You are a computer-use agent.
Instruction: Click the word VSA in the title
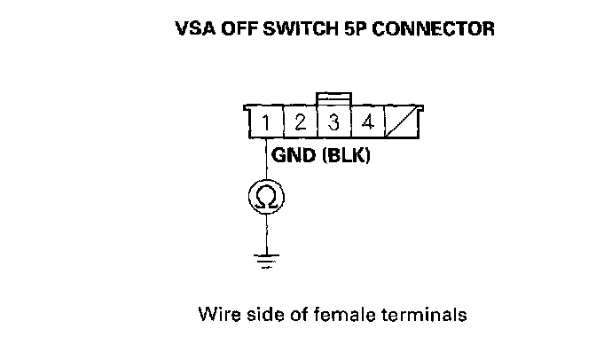[x=195, y=28]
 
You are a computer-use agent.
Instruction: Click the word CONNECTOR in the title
[x=434, y=28]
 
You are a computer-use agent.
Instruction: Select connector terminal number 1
[x=266, y=122]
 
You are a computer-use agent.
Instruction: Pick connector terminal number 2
[x=301, y=122]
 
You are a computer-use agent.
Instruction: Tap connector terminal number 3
[x=333, y=122]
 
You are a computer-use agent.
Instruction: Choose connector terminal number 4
[x=367, y=122]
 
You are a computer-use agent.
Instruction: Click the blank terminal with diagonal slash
[x=402, y=122]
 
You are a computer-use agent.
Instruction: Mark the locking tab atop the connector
[x=333, y=98]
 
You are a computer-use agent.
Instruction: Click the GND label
[x=294, y=155]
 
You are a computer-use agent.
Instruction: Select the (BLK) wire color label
[x=346, y=155]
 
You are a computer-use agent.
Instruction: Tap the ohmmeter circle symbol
[x=266, y=197]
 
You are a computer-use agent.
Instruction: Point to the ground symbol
[x=266, y=262]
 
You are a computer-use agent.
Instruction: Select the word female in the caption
[x=344, y=315]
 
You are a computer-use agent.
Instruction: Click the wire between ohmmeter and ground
[x=266, y=235]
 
